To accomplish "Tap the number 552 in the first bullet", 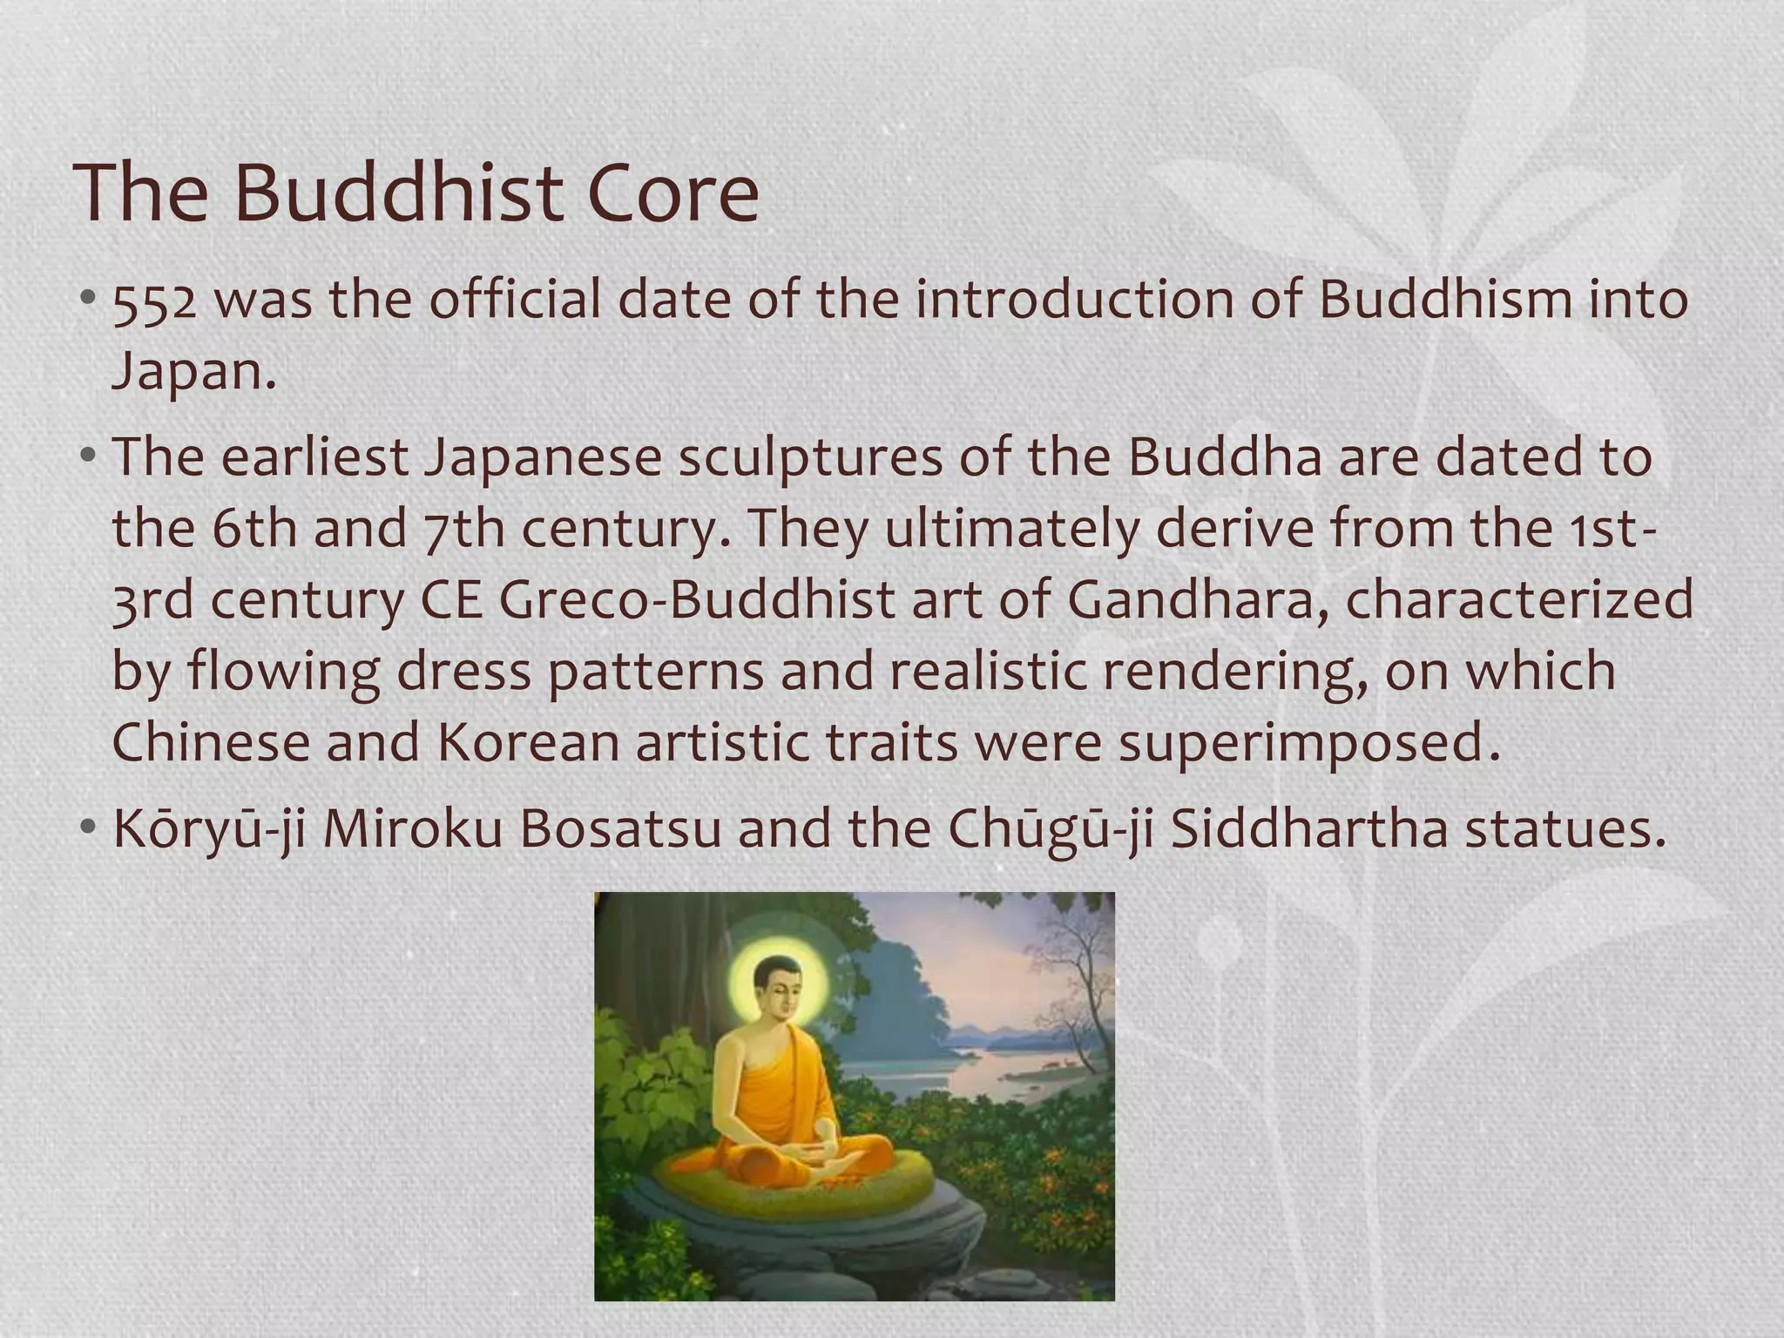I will click(x=154, y=301).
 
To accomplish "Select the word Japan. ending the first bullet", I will click(x=193, y=373).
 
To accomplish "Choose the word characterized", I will click(x=1519, y=600).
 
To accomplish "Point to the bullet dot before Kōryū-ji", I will click(x=88, y=828).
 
